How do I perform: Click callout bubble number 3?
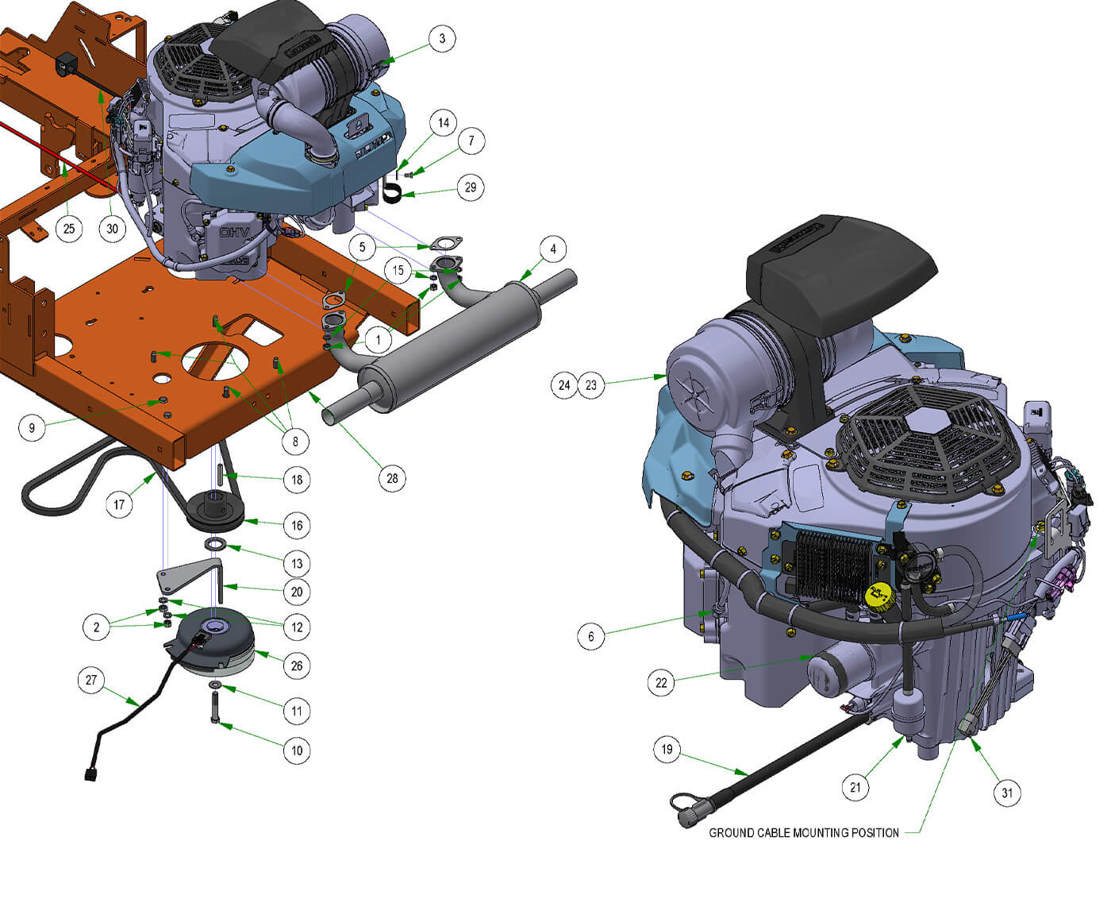pyautogui.click(x=442, y=39)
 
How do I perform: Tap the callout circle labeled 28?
pyautogui.click(x=392, y=478)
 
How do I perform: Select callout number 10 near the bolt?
pyautogui.click(x=297, y=750)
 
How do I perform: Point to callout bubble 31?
pyautogui.click(x=1007, y=793)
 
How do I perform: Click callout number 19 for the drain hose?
pyautogui.click(x=667, y=750)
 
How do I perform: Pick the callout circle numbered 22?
pyautogui.click(x=661, y=683)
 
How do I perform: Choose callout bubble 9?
pyautogui.click(x=32, y=428)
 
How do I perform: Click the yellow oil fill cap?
pyautogui.click(x=879, y=597)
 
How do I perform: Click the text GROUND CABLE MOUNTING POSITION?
pyautogui.click(x=803, y=833)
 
